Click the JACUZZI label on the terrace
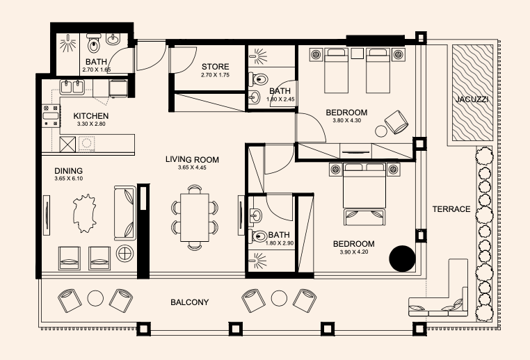(472, 99)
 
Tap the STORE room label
(216, 67)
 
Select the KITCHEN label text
(91, 116)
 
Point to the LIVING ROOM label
(192, 159)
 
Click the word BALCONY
(190, 302)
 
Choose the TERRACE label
(451, 209)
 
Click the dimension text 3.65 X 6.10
(69, 179)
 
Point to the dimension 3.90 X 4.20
(354, 252)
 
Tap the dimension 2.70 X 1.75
(216, 75)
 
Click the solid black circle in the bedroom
(402, 259)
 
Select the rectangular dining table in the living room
(195, 217)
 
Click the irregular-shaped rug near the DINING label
(85, 213)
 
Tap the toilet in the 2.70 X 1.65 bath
(93, 43)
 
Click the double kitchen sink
(72, 87)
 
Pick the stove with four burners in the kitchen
(51, 116)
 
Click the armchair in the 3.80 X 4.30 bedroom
(396, 122)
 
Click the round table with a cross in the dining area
(125, 254)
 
